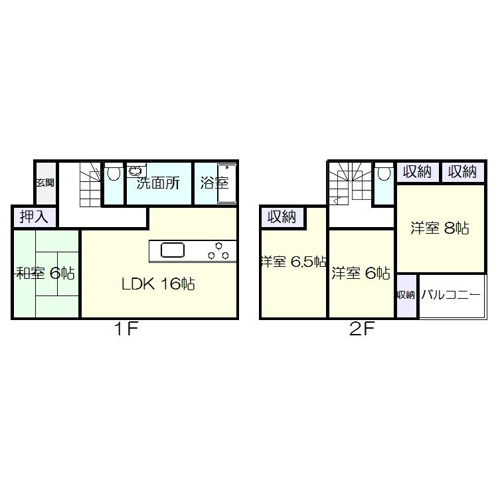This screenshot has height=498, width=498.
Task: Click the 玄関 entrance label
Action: click(x=44, y=183)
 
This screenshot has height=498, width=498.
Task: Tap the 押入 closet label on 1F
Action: click(x=34, y=216)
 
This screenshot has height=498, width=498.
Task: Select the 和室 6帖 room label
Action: click(x=45, y=273)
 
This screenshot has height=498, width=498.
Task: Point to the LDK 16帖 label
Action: click(x=157, y=284)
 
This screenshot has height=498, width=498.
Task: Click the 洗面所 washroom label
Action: click(x=158, y=184)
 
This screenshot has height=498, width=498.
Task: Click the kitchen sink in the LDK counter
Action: click(x=173, y=251)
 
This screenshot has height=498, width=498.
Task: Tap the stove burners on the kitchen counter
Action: click(x=218, y=251)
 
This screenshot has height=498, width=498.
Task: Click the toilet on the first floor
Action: click(x=114, y=174)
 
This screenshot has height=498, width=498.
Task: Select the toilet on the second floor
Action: click(x=383, y=175)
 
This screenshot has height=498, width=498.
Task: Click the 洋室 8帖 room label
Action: click(x=440, y=228)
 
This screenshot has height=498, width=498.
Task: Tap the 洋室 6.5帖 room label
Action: click(x=293, y=262)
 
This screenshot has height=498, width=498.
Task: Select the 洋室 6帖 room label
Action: click(x=361, y=273)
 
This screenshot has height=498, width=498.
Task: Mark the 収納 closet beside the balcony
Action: click(x=406, y=295)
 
